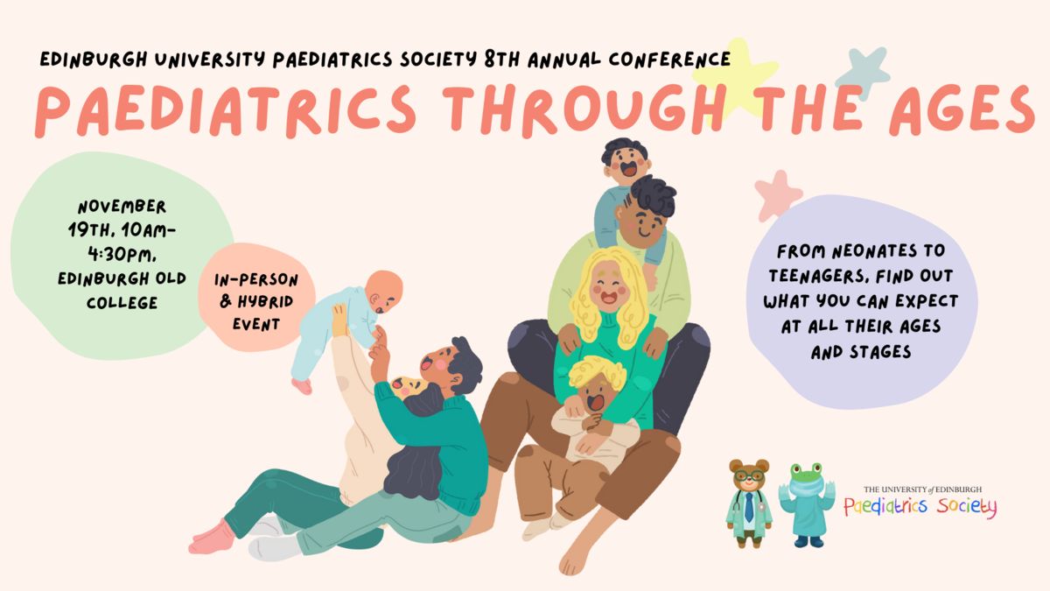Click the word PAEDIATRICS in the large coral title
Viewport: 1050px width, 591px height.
pos(226,110)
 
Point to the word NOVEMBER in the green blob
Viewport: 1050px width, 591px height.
pos(122,207)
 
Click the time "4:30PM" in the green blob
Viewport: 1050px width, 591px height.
pos(122,255)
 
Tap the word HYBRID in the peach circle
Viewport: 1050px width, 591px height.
pos(265,301)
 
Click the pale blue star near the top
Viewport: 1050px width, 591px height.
pos(864,72)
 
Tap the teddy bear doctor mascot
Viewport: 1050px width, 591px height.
pos(750,503)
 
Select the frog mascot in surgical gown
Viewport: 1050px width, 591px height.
pos(807,504)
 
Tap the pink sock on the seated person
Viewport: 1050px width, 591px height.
pos(212,538)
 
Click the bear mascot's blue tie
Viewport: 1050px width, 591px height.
pos(749,507)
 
